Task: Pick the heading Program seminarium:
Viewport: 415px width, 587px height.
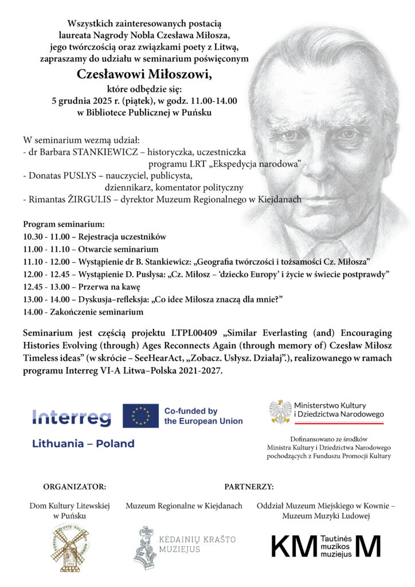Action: point(64,224)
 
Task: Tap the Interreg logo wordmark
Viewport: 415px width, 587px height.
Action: point(72,417)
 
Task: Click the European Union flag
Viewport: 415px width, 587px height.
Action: point(140,416)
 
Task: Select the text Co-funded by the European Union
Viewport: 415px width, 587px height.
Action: point(203,416)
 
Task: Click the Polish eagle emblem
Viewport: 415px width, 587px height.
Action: point(280,411)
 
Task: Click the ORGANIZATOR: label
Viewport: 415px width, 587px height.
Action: point(75,487)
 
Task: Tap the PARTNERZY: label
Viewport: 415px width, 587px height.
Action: point(249,487)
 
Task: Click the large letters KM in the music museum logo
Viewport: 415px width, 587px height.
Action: point(293,547)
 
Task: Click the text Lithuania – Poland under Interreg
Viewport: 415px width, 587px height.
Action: point(83,444)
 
